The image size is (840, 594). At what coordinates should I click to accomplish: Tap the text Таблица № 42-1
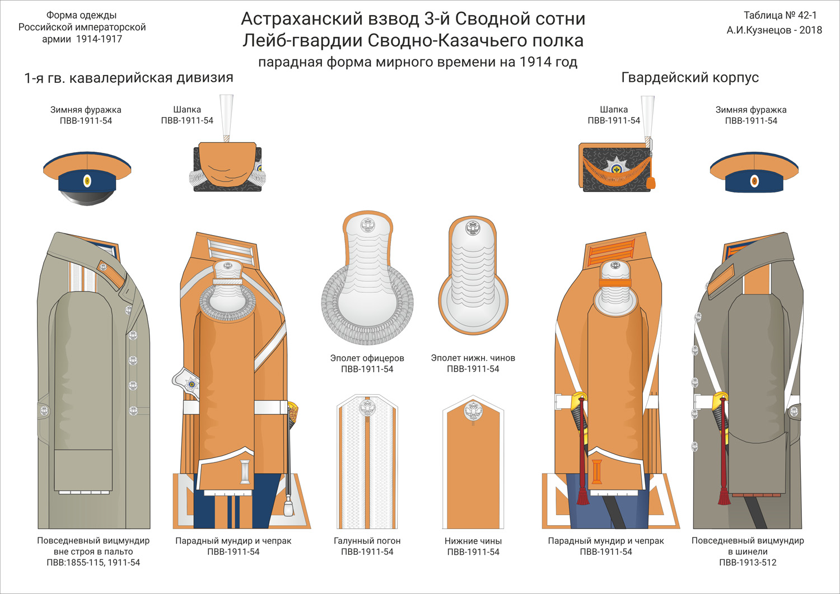click(x=780, y=16)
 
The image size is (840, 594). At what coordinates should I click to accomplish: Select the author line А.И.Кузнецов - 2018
click(x=774, y=30)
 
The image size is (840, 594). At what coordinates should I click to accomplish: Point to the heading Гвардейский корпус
click(x=690, y=78)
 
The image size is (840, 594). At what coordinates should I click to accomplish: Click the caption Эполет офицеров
click(x=367, y=358)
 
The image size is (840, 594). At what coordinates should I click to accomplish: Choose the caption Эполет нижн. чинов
click(x=473, y=358)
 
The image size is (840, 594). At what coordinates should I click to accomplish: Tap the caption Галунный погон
click(x=367, y=541)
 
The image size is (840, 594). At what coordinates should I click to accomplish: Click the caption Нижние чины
click(x=473, y=541)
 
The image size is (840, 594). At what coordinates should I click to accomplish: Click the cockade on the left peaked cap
click(x=87, y=180)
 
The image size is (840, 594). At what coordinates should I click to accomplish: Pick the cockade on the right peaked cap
click(x=754, y=181)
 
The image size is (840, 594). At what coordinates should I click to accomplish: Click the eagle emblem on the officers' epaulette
click(x=367, y=226)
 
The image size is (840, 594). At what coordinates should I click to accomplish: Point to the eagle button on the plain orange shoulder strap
click(x=473, y=412)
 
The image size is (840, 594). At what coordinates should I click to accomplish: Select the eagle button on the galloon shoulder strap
click(x=367, y=408)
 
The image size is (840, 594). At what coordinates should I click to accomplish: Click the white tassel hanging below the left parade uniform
click(x=288, y=506)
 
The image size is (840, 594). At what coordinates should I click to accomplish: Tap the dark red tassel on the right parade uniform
click(x=583, y=495)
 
